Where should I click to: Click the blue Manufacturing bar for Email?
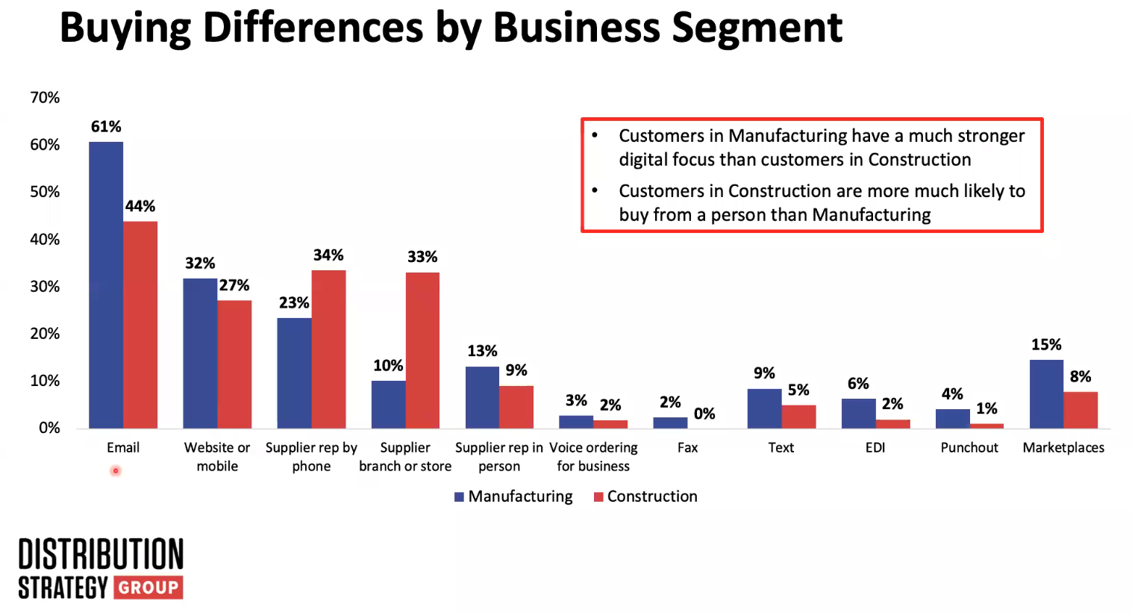[106, 284]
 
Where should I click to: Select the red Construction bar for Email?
[140, 325]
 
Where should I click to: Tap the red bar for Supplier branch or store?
[422, 350]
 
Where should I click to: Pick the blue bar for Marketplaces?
[1046, 394]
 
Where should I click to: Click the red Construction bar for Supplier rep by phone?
[328, 349]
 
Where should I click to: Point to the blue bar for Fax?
[670, 423]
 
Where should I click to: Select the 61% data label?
[106, 127]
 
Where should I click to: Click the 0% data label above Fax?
[704, 414]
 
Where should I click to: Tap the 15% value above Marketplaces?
[1046, 345]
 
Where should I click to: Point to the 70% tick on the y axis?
[45, 98]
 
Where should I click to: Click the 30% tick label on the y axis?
[45, 287]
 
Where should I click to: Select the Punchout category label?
[969, 447]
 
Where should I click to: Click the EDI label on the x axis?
[875, 447]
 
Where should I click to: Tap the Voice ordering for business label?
[593, 456]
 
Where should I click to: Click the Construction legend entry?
[645, 497]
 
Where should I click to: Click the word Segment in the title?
[757, 28]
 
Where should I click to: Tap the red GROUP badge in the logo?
[148, 588]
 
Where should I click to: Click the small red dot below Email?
[116, 470]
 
